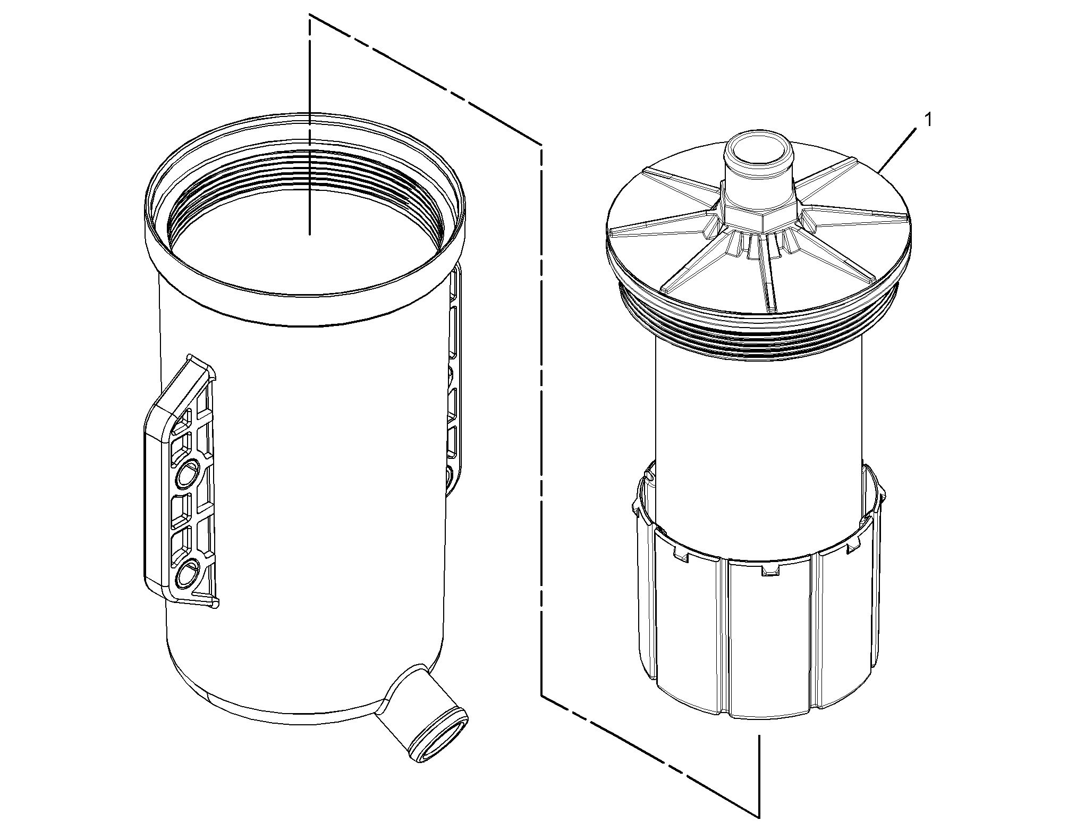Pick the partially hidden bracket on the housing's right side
pos(455,383)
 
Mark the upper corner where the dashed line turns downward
pos(541,145)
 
